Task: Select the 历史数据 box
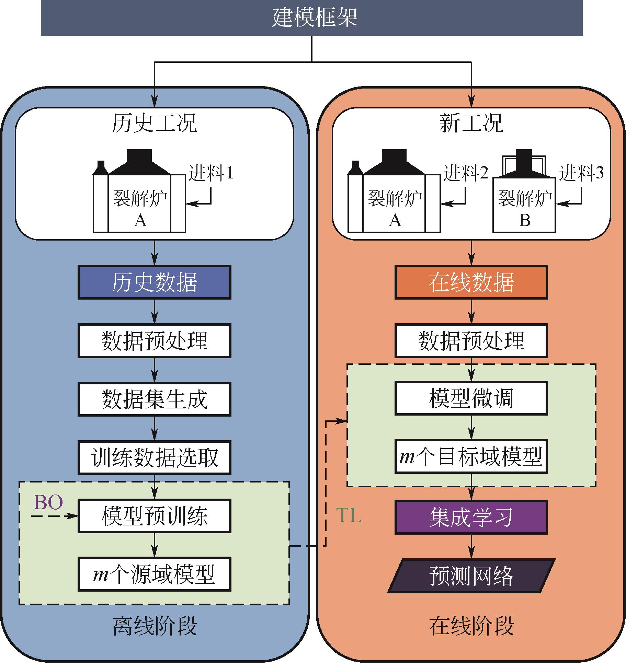pos(154,282)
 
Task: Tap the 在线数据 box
pos(471,282)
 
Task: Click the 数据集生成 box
pos(154,399)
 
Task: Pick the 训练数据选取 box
pos(154,457)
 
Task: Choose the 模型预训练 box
pos(154,516)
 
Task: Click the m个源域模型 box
pos(154,574)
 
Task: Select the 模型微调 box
pos(471,398)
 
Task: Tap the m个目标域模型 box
pos(471,457)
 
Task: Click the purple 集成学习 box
pos(471,517)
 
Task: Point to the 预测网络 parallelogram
pos(471,575)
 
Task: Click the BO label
pos(48,503)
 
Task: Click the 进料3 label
pos(581,173)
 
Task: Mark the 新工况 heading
pos(471,123)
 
